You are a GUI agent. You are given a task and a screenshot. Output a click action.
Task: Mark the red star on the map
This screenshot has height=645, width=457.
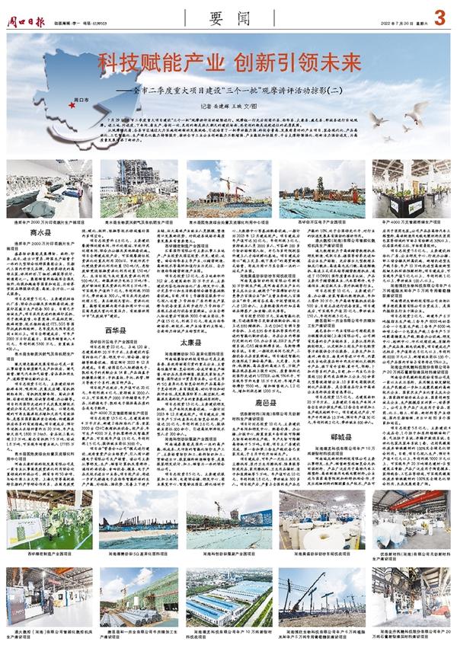(x=71, y=104)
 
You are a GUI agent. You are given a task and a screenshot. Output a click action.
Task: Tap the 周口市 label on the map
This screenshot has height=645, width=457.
(x=82, y=100)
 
